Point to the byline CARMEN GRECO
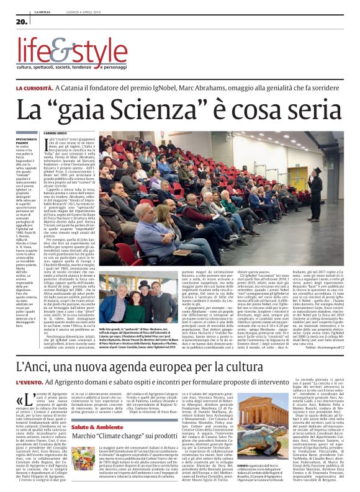pos(73,133)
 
